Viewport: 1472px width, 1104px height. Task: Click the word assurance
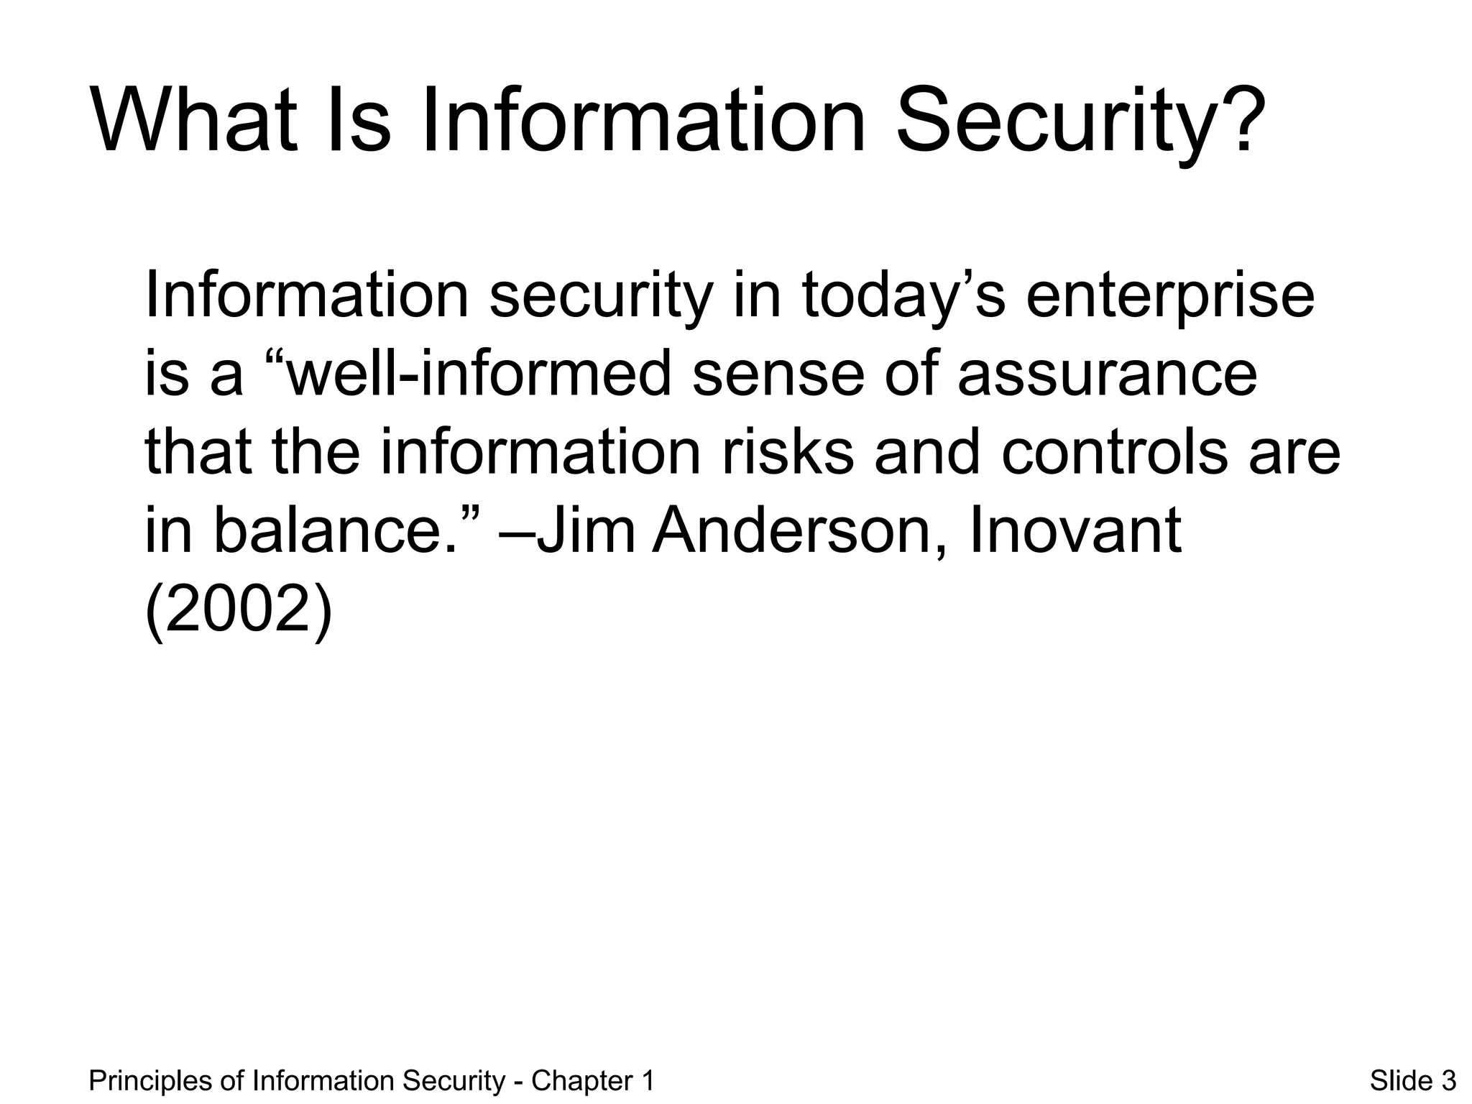point(1108,377)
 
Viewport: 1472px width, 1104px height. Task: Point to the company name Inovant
point(1075,532)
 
